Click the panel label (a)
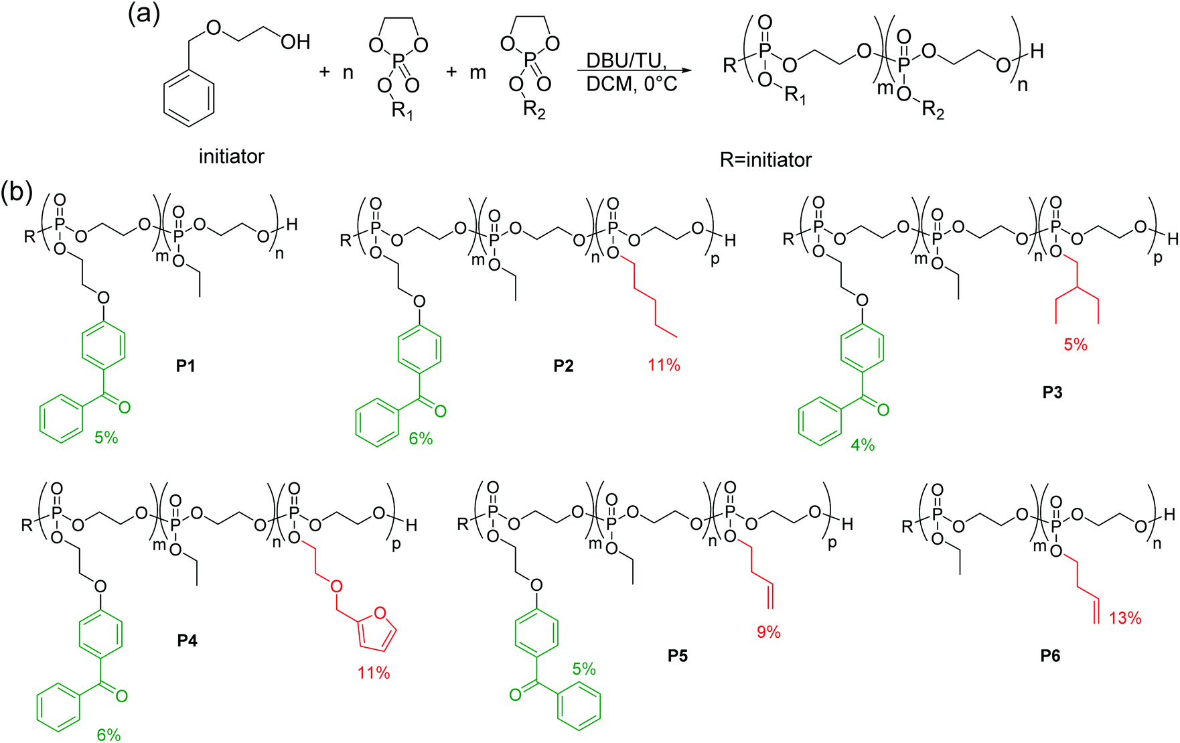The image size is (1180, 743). click(145, 13)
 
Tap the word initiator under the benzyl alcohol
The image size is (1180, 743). click(232, 157)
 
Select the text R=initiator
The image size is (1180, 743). click(766, 160)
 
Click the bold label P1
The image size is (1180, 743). click(186, 366)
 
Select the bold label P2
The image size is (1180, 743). click(563, 366)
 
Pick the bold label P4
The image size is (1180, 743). click(188, 641)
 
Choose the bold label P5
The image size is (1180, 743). click(678, 656)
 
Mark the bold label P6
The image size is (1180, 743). click(1050, 657)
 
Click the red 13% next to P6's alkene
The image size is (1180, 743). click(1125, 618)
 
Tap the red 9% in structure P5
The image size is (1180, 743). click(769, 632)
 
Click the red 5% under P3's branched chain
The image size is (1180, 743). click(1076, 344)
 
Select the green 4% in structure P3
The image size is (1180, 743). click(863, 445)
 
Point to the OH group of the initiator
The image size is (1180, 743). click(295, 42)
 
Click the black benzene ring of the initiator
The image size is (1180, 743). click(189, 96)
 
